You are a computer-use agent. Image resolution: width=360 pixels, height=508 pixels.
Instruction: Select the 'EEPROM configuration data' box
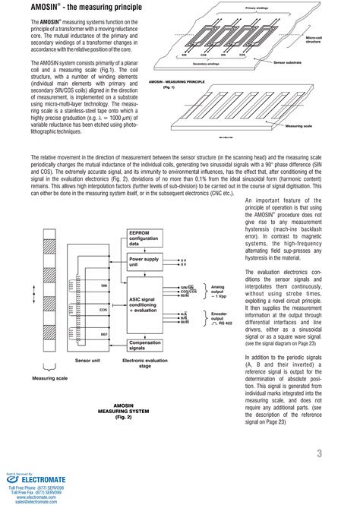click(150, 238)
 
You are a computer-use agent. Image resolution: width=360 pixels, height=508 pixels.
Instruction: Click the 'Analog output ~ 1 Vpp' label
click(217, 291)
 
